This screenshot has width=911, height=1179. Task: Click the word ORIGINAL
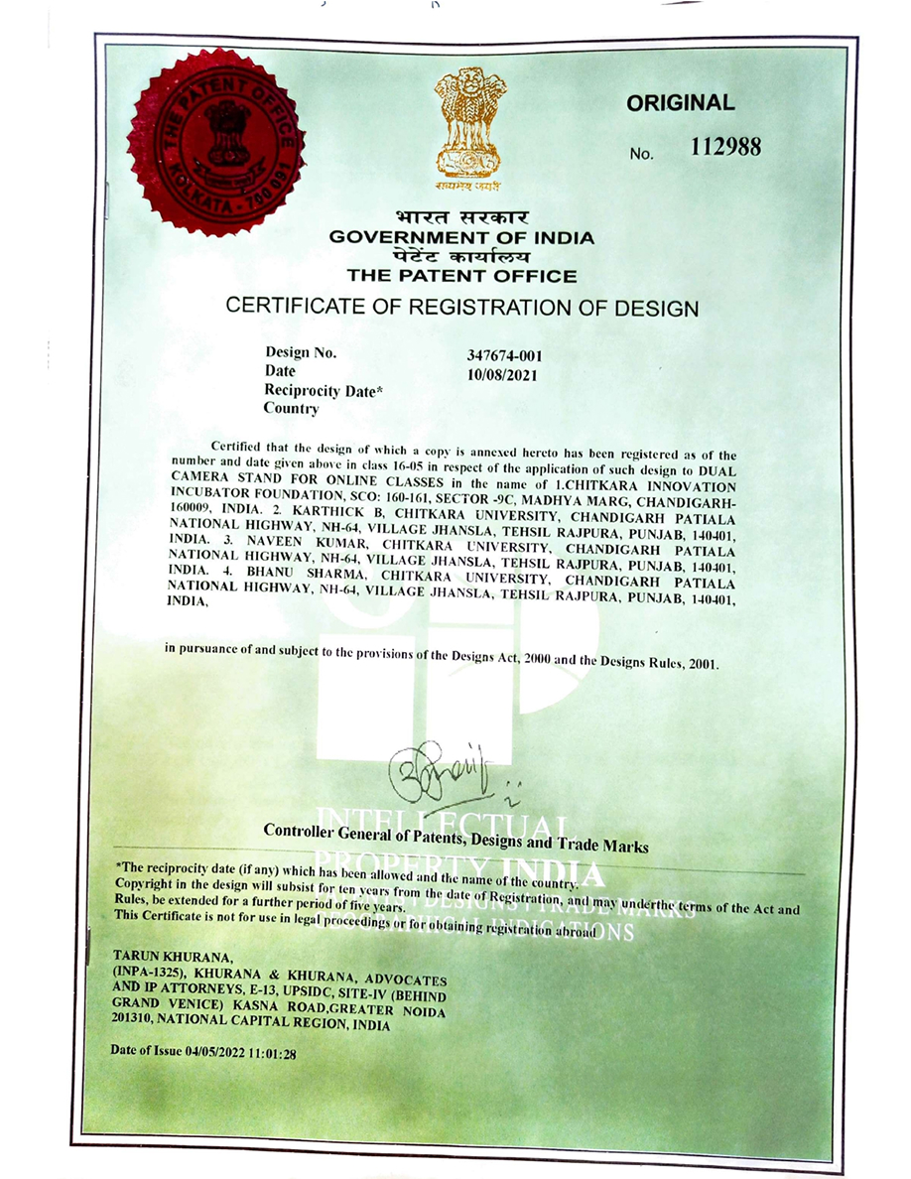pyautogui.click(x=681, y=103)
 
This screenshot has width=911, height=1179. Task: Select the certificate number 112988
pyautogui.click(x=725, y=148)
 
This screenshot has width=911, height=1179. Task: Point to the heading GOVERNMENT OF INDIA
pyautogui.click(x=461, y=238)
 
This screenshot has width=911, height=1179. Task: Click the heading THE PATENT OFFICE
pyautogui.click(x=461, y=276)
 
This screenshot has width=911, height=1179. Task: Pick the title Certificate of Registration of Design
pyautogui.click(x=461, y=308)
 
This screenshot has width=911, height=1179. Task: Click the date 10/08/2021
pyautogui.click(x=500, y=374)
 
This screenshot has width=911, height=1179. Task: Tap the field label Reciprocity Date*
pyautogui.click(x=324, y=391)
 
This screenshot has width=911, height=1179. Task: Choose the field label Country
pyautogui.click(x=291, y=409)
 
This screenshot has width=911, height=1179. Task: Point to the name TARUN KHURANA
pyautogui.click(x=174, y=958)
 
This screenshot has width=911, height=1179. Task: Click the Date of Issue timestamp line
pyautogui.click(x=204, y=1051)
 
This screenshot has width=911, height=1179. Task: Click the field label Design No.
pyautogui.click(x=301, y=353)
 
